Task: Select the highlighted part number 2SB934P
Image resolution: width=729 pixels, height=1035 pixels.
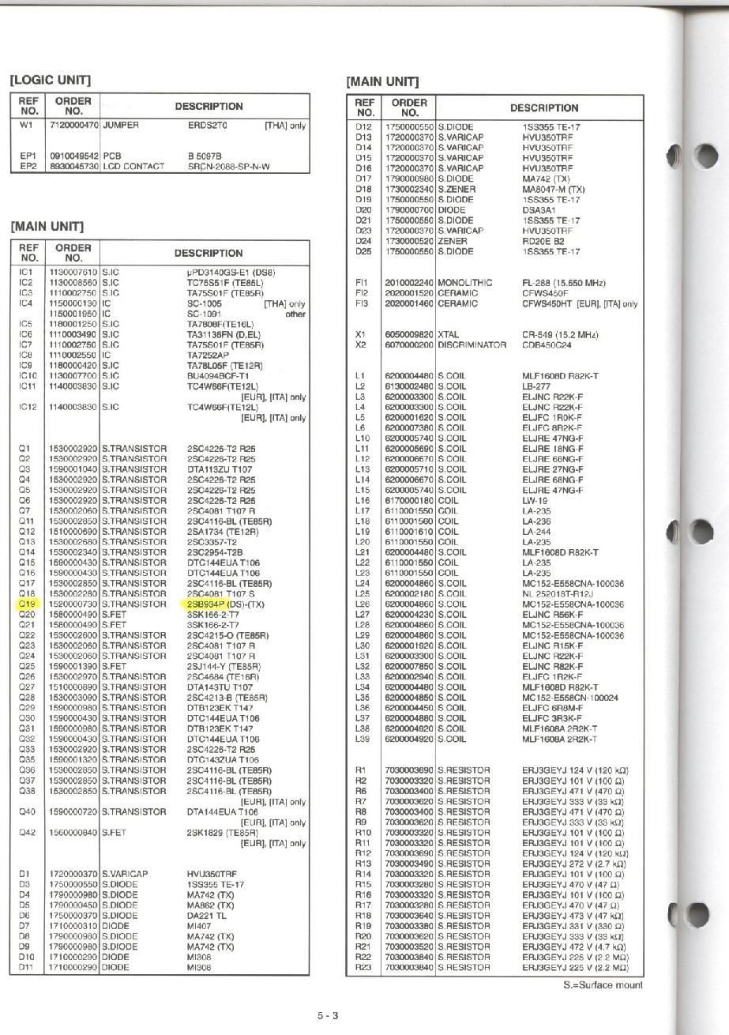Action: click(x=207, y=604)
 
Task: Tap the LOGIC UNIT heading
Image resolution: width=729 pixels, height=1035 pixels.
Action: click(x=50, y=80)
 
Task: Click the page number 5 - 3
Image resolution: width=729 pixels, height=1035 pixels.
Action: click(x=328, y=1015)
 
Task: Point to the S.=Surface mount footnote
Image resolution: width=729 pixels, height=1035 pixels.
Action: click(x=603, y=984)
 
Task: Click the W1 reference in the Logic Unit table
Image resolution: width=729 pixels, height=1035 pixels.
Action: click(x=26, y=126)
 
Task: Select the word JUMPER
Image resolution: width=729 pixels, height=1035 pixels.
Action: click(x=121, y=126)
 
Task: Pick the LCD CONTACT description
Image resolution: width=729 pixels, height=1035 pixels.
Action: click(x=133, y=167)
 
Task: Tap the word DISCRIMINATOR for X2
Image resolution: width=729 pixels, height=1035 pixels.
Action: click(x=472, y=344)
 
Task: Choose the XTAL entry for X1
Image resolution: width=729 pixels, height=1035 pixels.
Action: click(x=448, y=334)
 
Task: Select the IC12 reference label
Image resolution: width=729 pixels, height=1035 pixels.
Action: click(x=27, y=407)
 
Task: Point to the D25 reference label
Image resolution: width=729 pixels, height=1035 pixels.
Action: click(x=363, y=251)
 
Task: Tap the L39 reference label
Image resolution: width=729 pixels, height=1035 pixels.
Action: click(x=363, y=738)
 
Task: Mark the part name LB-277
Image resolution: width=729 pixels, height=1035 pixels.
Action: click(x=536, y=386)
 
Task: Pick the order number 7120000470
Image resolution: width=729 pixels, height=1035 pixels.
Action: click(x=74, y=126)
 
